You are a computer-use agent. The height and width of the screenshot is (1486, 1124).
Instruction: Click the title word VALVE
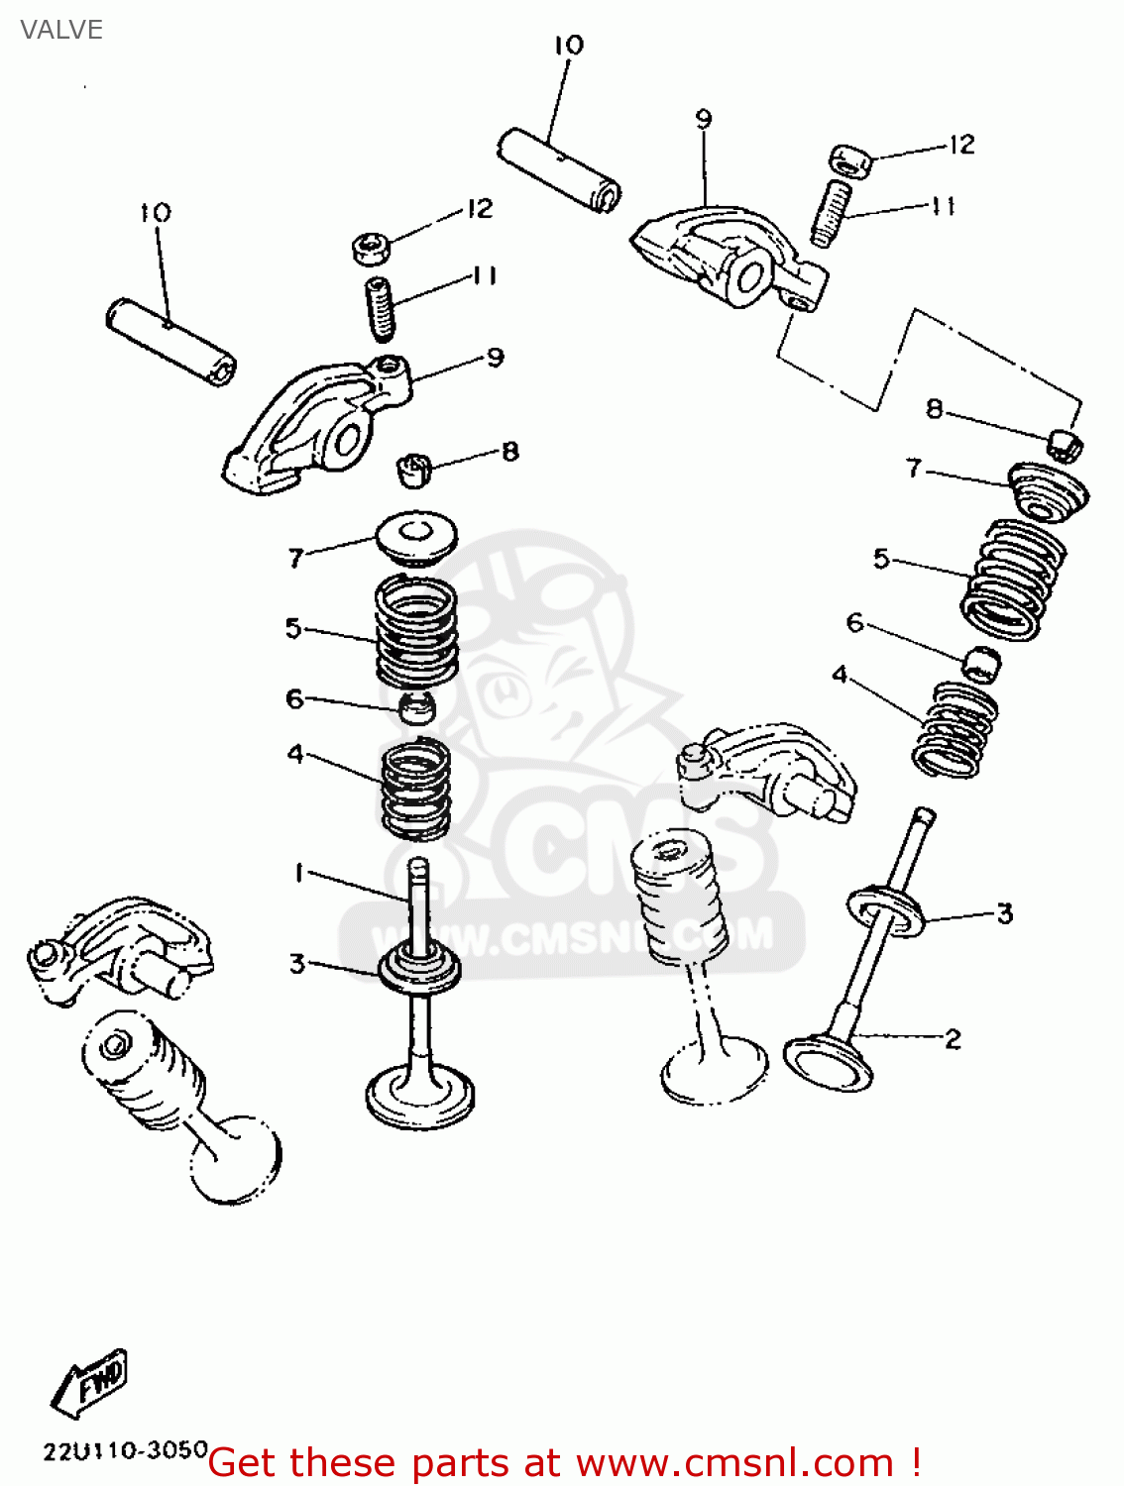(x=61, y=30)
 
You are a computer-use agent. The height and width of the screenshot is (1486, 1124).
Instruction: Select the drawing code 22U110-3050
(x=125, y=1451)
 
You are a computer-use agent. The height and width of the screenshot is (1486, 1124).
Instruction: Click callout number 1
(x=298, y=873)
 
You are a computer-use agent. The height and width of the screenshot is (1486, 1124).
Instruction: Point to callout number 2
(x=953, y=1039)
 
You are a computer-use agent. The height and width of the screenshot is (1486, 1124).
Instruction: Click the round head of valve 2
(x=829, y=1063)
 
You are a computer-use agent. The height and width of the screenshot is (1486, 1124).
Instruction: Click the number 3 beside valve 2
(x=1004, y=912)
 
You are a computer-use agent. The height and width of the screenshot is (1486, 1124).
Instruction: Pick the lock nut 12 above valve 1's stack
(x=371, y=247)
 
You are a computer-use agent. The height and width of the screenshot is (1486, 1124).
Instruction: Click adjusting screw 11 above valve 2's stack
(x=831, y=212)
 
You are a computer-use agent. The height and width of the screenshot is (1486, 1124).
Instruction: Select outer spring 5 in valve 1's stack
(x=416, y=631)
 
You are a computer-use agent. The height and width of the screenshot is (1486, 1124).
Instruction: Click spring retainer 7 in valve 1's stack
(x=417, y=538)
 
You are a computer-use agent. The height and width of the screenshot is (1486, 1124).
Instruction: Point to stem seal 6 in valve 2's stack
(x=981, y=663)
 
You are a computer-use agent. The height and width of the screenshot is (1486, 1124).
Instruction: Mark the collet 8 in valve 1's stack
(x=414, y=468)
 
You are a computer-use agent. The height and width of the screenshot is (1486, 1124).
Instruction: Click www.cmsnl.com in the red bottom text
(x=734, y=1462)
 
